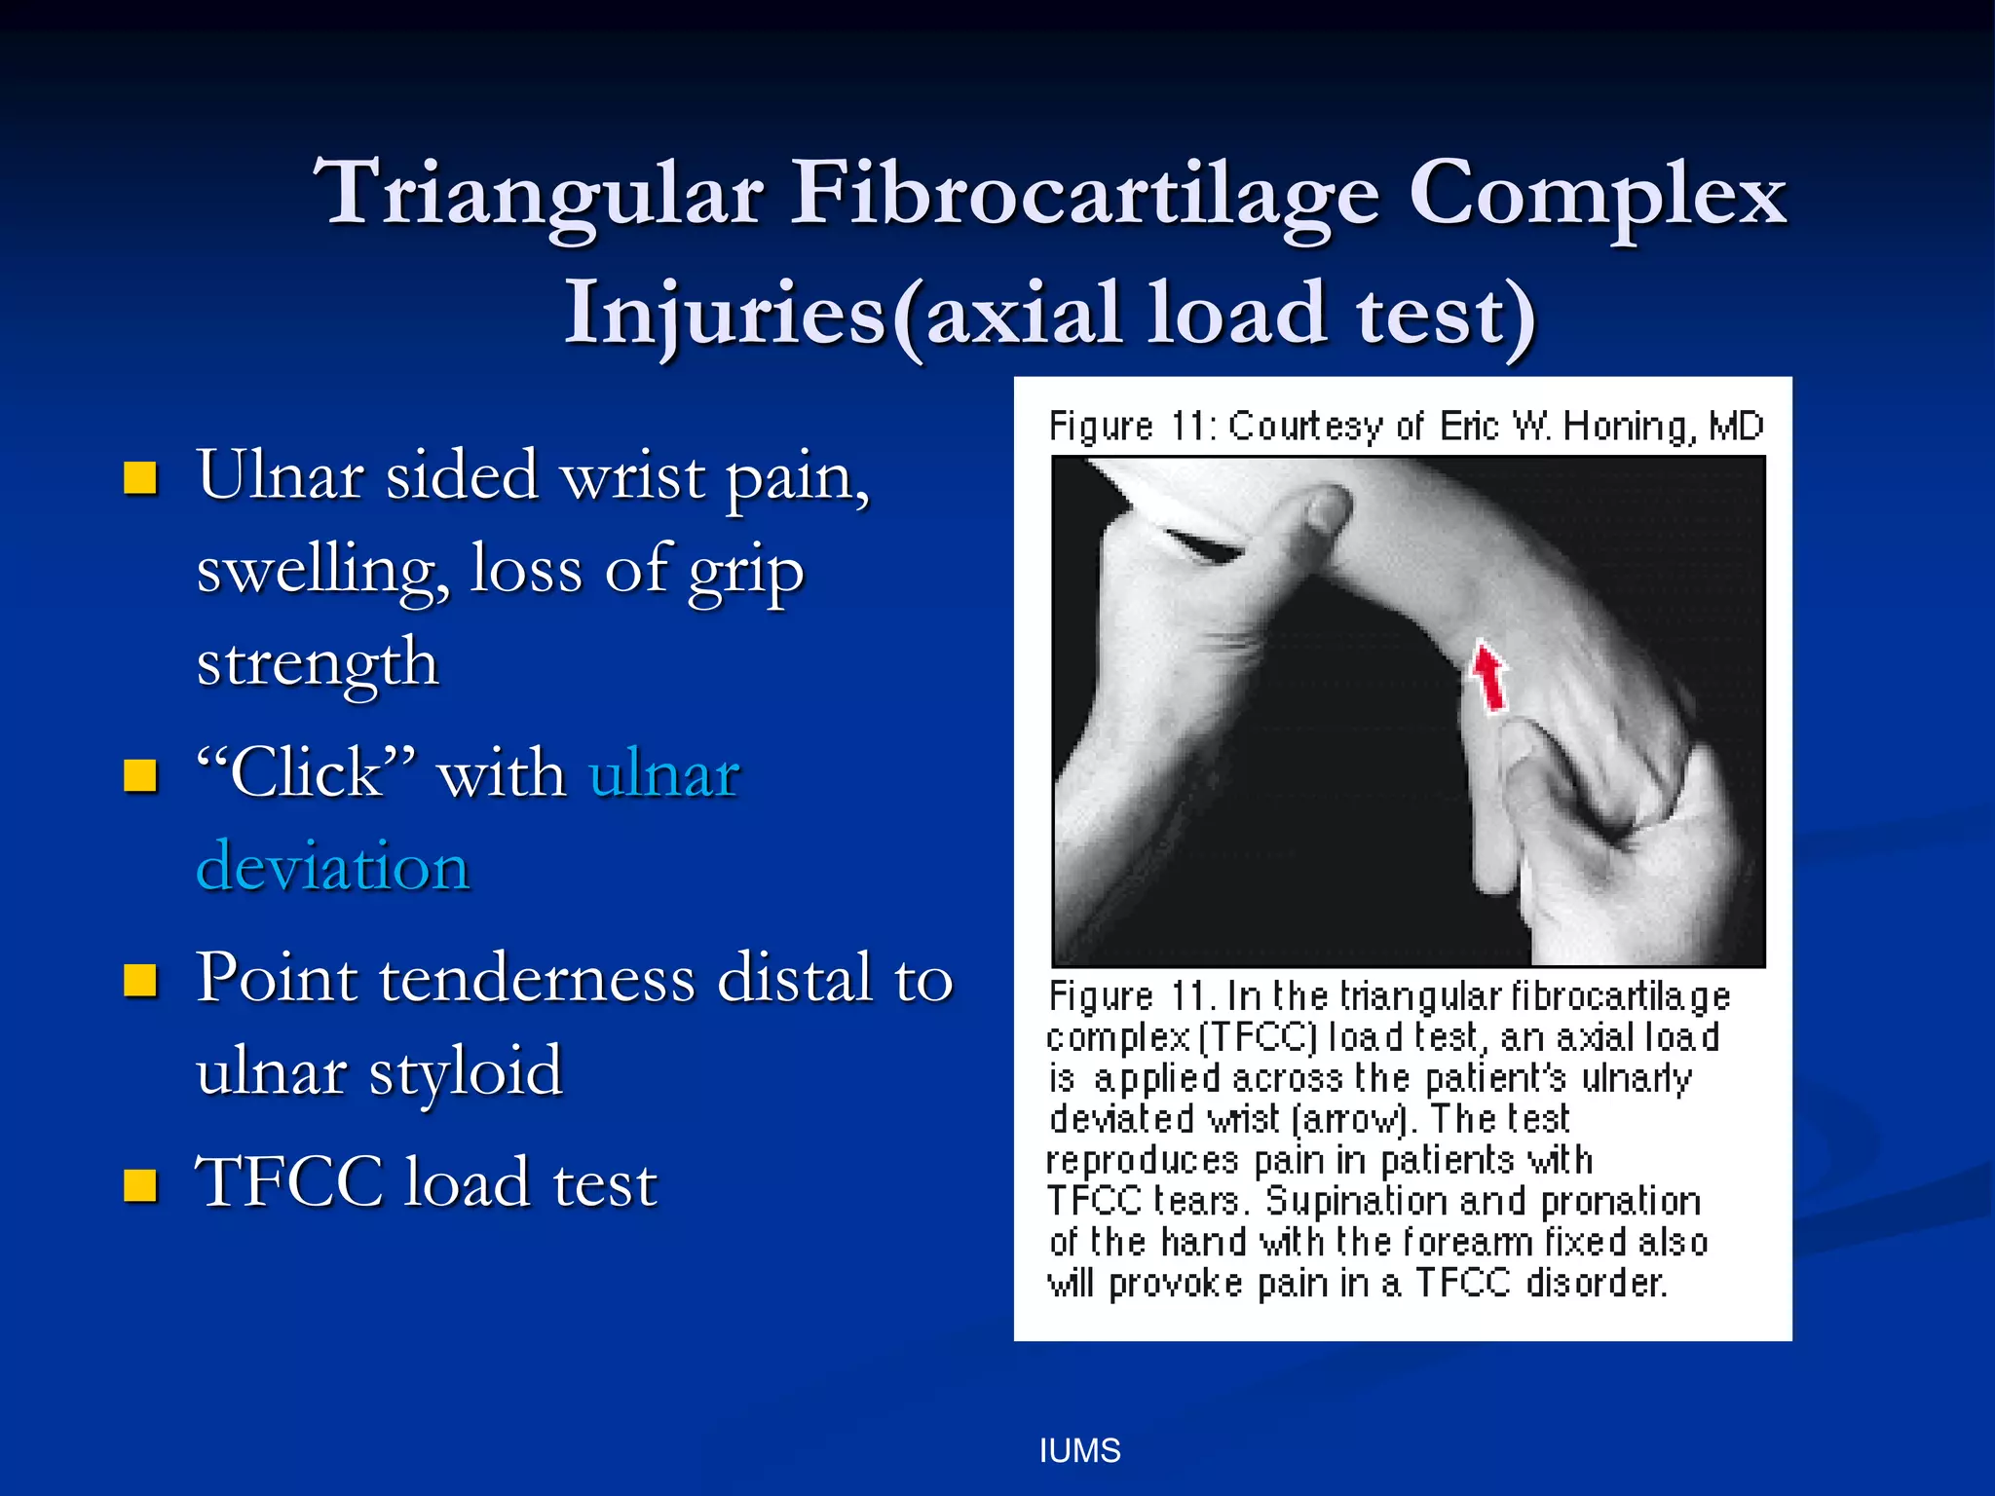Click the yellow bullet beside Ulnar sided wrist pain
coord(140,478)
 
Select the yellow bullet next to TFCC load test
coord(140,1185)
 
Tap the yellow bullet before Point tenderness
coord(140,981)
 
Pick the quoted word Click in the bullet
coord(306,773)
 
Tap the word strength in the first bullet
coord(318,664)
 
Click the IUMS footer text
coord(1079,1451)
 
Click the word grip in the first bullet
coord(746,573)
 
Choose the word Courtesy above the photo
coord(1305,427)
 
